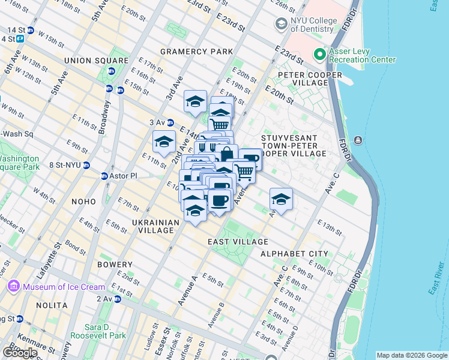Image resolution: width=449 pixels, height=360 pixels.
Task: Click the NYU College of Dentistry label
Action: tap(312, 25)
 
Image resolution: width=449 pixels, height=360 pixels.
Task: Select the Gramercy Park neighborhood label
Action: tap(196, 52)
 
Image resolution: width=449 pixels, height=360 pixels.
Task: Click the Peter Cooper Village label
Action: tap(309, 75)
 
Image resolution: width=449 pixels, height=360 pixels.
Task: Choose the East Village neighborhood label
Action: tap(238, 242)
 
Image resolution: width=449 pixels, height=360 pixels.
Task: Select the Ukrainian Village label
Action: tap(155, 226)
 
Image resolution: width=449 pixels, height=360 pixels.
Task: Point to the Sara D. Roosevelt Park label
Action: tap(97, 331)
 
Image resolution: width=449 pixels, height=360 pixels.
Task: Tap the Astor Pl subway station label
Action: tap(124, 176)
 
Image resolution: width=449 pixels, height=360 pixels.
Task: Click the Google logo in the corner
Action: tap(20, 353)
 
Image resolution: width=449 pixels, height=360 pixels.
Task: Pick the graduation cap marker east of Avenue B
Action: tap(280, 199)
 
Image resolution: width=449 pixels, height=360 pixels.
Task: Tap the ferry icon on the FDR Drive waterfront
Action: tap(358, 140)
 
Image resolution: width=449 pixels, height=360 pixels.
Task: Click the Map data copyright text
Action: tap(411, 355)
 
